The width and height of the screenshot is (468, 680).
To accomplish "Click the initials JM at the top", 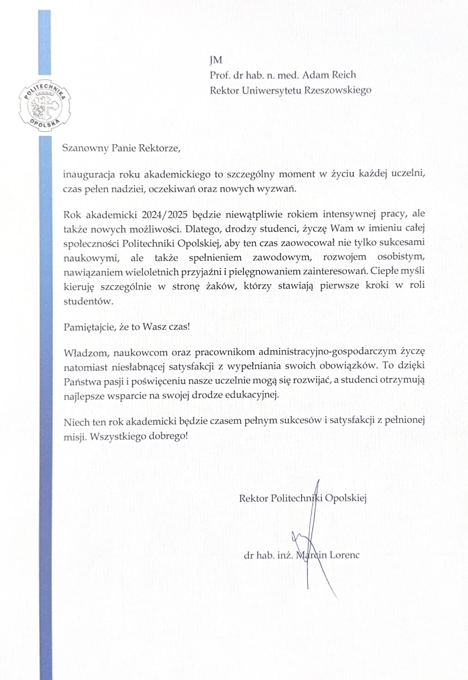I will (x=216, y=60).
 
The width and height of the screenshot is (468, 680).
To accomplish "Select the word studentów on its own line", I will (x=88, y=301).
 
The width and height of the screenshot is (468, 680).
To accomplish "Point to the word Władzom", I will (x=85, y=352).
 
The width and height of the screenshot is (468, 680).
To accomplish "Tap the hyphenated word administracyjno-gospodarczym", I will (x=327, y=352).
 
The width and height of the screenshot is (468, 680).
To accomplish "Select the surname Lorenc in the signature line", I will (x=344, y=555).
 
